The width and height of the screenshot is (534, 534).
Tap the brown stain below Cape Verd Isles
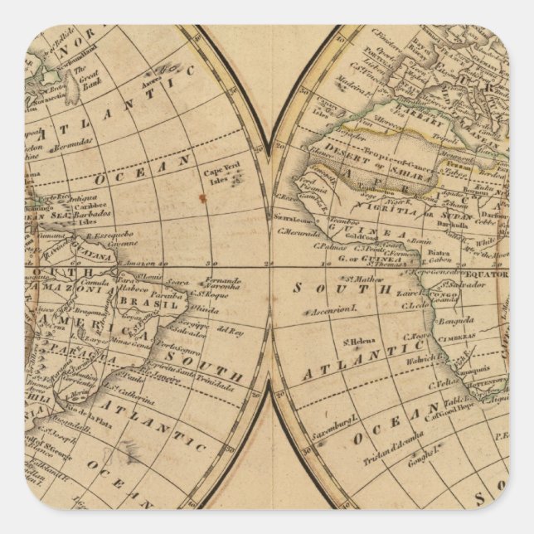pyautogui.click(x=201, y=198)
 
